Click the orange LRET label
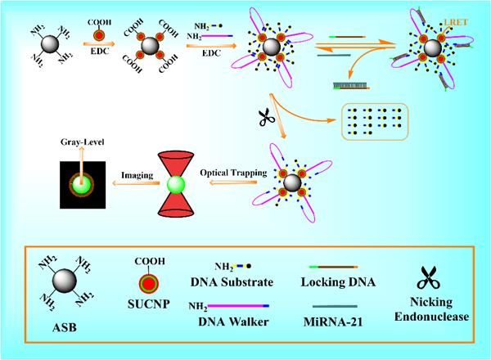click(x=456, y=22)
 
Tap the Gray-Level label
click(x=83, y=142)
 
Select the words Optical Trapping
click(x=233, y=173)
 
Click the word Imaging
click(x=137, y=175)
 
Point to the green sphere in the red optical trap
click(x=176, y=184)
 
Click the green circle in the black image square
click(x=81, y=184)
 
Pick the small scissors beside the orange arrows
click(x=267, y=117)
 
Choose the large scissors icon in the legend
click(x=428, y=277)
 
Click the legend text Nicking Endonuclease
click(x=431, y=309)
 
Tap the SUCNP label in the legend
click(x=149, y=304)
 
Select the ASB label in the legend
click(x=65, y=327)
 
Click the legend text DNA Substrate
click(x=232, y=282)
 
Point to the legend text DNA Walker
click(x=233, y=322)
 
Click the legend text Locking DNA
click(x=338, y=282)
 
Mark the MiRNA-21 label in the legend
click(x=333, y=322)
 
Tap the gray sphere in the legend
click(x=65, y=280)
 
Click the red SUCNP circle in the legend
click(x=149, y=283)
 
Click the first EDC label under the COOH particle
click(x=100, y=51)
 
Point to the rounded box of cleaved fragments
click(x=374, y=121)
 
